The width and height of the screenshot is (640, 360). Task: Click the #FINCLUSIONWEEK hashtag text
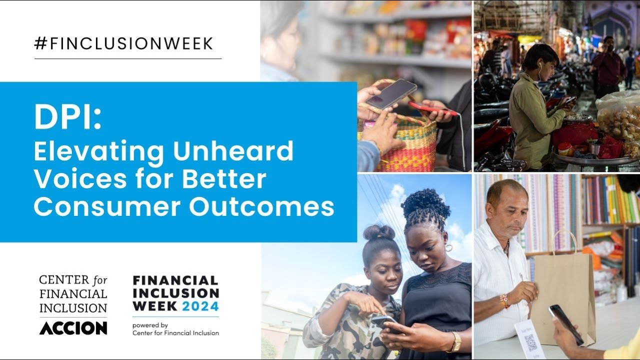click(124, 44)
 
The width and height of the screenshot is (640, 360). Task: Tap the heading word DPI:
click(67, 117)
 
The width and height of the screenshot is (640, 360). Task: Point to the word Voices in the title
click(71, 178)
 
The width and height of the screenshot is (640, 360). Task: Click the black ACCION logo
click(73, 328)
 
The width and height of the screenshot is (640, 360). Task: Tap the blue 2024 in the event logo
click(200, 306)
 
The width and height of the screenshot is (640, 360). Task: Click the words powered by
click(150, 324)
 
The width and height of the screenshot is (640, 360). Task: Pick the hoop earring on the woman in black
click(448, 247)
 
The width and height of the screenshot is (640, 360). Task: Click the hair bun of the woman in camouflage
click(379, 232)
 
